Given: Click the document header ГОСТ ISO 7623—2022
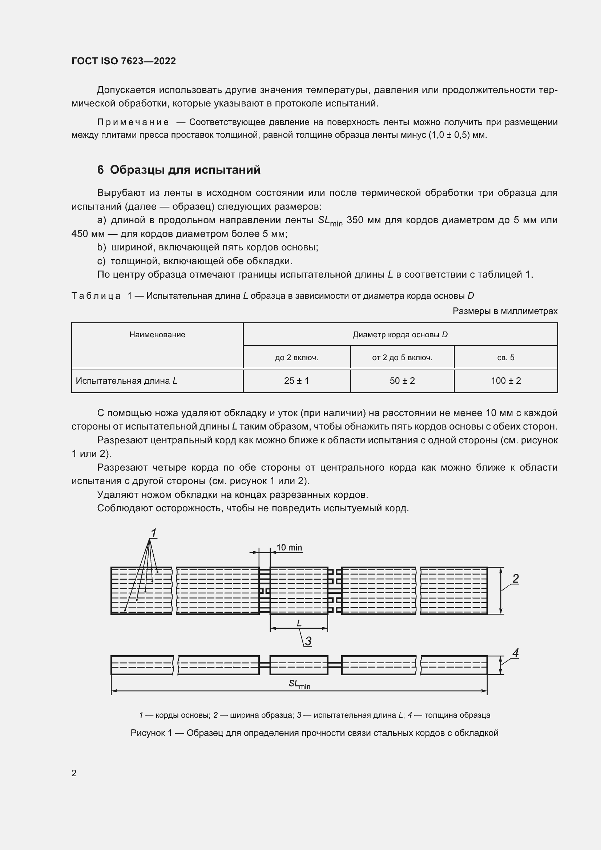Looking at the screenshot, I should click(124, 61).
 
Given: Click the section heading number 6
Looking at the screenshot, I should click(100, 170).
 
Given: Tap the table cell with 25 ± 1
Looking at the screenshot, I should click(297, 380).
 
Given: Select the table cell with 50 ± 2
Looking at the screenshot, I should click(402, 380).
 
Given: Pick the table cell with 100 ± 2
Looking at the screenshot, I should click(505, 380).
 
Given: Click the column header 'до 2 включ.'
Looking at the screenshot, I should click(297, 358).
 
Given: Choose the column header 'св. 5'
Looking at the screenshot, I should click(505, 358).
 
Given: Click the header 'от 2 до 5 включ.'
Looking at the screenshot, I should click(402, 358).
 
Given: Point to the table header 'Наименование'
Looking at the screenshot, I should click(157, 335).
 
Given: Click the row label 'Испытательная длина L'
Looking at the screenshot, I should click(126, 380).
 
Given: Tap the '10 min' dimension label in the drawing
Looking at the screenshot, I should click(289, 548).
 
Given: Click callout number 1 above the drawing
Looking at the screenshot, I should click(154, 533).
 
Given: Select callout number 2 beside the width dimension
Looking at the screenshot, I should click(516, 579).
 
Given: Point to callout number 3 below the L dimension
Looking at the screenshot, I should click(308, 641).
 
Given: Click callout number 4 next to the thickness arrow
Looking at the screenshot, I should click(516, 653).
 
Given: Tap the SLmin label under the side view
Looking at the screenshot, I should click(299, 684).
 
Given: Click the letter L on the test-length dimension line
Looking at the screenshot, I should click(299, 624).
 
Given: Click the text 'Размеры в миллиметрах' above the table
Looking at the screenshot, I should click(505, 311).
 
